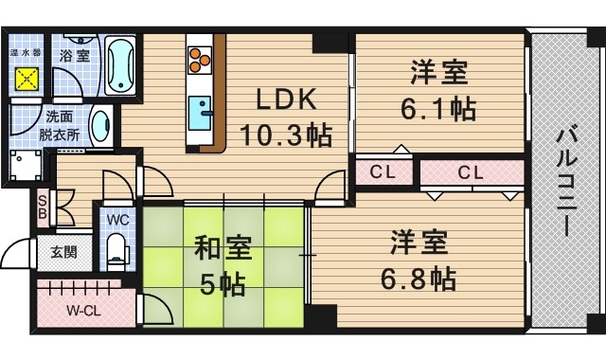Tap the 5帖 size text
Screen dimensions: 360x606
[x=222, y=283]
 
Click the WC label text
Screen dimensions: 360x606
[x=117, y=219]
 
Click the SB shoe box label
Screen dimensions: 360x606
[x=42, y=206]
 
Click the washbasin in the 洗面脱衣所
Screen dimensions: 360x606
[x=101, y=123]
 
